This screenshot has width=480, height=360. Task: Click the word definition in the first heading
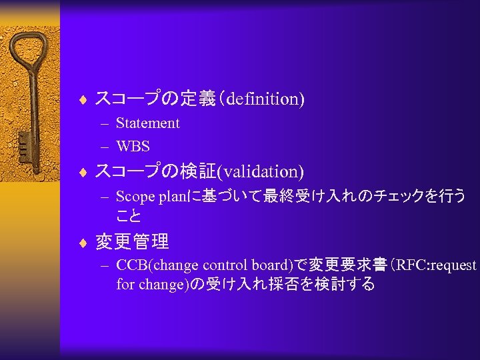pyautogui.click(x=263, y=99)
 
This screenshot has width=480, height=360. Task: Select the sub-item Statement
pyautogui.click(x=147, y=123)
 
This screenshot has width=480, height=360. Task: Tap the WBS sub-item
pyautogui.click(x=133, y=145)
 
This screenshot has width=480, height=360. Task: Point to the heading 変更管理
pyautogui.click(x=132, y=241)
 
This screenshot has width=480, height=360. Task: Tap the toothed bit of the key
pyautogui.click(x=23, y=143)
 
